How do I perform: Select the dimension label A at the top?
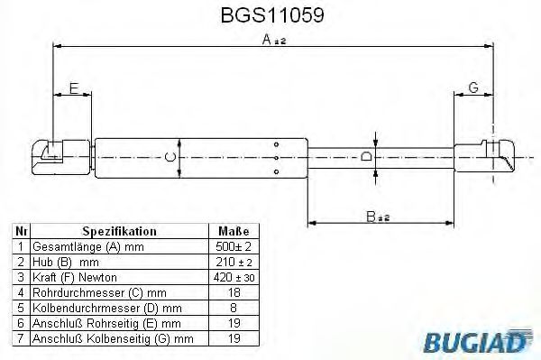click(x=266, y=39)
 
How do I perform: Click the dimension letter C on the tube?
click(x=168, y=157)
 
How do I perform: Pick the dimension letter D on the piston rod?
click(x=365, y=156)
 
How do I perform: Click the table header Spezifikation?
click(x=119, y=231)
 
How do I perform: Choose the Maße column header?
click(x=226, y=231)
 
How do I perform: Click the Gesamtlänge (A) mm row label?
click(x=77, y=245)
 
